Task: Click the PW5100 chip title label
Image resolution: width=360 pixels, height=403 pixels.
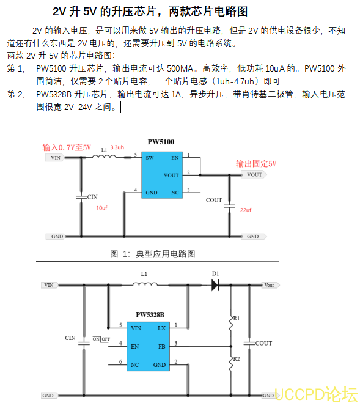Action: coord(161,142)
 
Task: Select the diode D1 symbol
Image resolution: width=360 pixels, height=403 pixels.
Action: coord(215,284)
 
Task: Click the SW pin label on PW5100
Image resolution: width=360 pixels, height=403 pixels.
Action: coord(150,158)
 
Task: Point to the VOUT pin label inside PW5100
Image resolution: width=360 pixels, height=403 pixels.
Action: coord(172,175)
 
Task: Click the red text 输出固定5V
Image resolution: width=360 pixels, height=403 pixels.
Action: coord(256,164)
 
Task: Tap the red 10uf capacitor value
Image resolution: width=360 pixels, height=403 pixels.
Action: coord(101,209)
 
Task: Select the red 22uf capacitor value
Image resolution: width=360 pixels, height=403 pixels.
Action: coord(246,210)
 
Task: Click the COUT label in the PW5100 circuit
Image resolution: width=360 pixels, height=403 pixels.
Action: coord(214,200)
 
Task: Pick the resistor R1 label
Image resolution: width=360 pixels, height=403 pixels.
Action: coord(237,319)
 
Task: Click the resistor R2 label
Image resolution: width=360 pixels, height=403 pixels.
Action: coord(237,359)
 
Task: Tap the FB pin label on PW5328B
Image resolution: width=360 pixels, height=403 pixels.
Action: coord(162,346)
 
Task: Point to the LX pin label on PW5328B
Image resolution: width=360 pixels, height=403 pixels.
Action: coord(161,328)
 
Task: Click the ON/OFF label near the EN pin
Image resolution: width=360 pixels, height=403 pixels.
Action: coord(101,338)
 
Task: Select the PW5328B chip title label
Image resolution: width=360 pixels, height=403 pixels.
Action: coord(150,315)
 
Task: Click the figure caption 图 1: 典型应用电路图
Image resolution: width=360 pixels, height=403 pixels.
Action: coord(152,253)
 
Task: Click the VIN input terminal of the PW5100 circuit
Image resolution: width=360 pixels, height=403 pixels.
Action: coord(56,158)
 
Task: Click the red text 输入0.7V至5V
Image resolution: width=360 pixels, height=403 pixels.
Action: coord(66,147)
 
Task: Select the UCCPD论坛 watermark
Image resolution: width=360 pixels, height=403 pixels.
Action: coord(315,393)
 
